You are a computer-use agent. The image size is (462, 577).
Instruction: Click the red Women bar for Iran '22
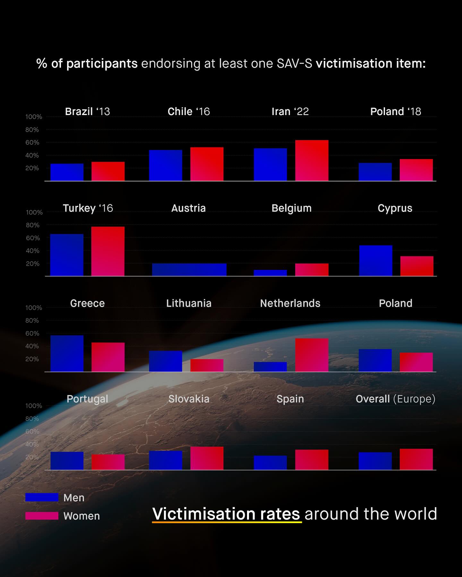tap(312, 160)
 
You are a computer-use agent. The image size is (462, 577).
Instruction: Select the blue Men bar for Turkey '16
tap(67, 255)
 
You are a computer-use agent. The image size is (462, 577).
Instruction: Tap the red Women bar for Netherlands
tap(312, 355)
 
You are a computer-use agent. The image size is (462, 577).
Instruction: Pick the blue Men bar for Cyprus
tap(375, 261)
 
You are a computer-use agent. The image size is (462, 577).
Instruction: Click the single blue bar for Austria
tap(189, 270)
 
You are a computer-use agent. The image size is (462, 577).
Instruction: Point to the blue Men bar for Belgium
tap(270, 273)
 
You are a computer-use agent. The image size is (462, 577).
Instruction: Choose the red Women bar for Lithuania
tap(207, 365)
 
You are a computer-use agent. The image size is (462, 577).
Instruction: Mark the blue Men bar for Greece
tap(67, 353)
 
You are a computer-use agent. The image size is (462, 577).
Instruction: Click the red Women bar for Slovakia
tap(207, 458)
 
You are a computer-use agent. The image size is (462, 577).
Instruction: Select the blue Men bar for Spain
tap(270, 463)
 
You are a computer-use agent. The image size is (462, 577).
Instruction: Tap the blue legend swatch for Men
tap(42, 497)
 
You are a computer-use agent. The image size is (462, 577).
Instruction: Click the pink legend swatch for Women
tap(42, 516)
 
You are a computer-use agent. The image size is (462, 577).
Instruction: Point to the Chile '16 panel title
tap(189, 112)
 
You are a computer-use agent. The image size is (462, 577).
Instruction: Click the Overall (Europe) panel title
tap(395, 399)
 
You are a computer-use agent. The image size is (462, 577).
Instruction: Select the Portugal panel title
tap(87, 399)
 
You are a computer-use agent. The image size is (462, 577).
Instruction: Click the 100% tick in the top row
tap(34, 117)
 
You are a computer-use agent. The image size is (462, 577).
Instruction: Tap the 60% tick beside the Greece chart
tap(32, 333)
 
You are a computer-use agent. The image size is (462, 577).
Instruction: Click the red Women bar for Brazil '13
tap(108, 171)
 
